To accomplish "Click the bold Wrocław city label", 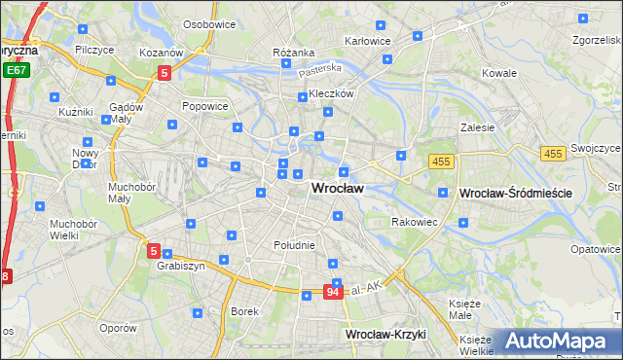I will coord(337,189).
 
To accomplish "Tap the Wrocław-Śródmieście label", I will coord(515,194).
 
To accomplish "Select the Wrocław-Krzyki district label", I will coord(386,335).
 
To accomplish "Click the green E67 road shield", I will coord(16,71).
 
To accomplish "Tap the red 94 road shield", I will coord(333,291).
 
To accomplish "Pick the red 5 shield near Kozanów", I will coord(165,72).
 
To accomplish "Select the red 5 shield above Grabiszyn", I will coord(154,251).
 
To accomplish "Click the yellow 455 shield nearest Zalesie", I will coord(441,160).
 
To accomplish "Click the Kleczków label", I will coord(330,94).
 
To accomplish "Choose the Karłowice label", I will coord(368,41).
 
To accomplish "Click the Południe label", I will coord(295,245).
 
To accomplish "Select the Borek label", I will coord(243,311).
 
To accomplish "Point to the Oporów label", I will coord(118,328).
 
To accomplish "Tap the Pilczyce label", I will coord(93,49).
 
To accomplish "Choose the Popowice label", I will coord(204,105).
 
